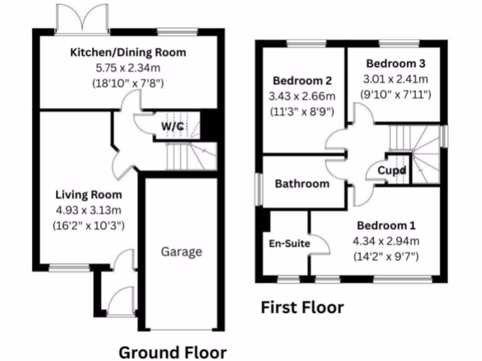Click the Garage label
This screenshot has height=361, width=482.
point(181,251)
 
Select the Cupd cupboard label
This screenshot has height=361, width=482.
point(392,170)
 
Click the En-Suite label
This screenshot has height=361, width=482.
point(289,243)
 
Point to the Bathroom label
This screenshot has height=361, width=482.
point(302,183)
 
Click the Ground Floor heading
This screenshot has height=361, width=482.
point(172,352)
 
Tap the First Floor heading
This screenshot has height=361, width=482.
point(302,308)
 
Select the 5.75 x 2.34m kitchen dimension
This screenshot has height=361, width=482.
point(128,68)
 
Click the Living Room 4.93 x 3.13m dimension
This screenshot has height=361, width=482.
point(88,210)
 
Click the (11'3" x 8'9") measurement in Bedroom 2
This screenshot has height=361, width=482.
point(302,112)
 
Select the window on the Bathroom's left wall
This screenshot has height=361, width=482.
point(258,190)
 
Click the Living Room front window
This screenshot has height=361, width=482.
point(69,268)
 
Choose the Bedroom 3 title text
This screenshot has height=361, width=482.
point(396,63)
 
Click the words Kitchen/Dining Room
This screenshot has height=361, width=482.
point(128,52)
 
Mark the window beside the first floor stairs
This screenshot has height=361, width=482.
point(444,136)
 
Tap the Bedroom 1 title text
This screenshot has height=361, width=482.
point(386,226)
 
